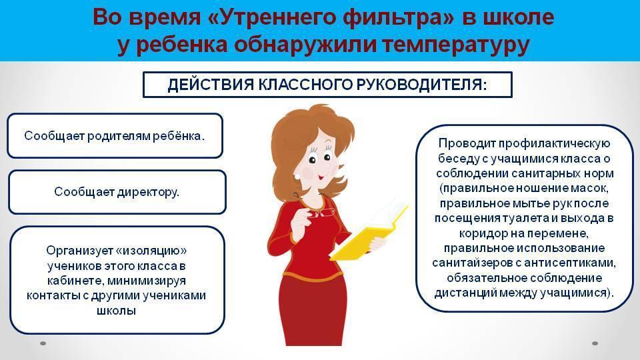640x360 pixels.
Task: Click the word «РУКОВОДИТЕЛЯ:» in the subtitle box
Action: [x=421, y=85]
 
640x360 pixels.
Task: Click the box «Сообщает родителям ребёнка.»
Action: [x=115, y=135]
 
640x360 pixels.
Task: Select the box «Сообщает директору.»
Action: [x=117, y=192]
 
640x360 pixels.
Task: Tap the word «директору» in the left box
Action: [x=147, y=192]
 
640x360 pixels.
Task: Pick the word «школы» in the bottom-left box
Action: [x=116, y=310]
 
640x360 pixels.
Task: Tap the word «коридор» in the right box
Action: [x=481, y=233]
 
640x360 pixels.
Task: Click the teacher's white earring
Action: [x=297, y=175]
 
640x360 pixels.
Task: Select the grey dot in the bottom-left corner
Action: [x=43, y=343]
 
